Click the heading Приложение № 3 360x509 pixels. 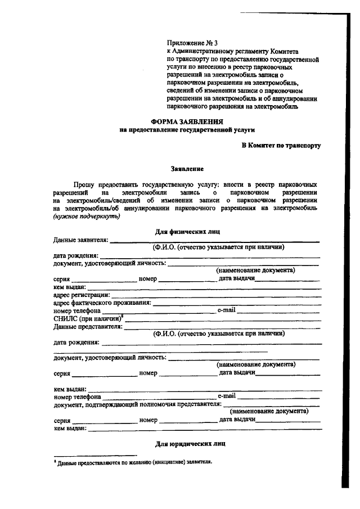(x=192, y=42)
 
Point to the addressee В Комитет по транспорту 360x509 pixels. (x=281, y=146)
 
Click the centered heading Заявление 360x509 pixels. (x=187, y=168)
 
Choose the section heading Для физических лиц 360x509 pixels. (x=187, y=231)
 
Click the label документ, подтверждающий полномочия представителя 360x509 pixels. (x=138, y=404)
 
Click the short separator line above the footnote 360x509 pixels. (x=95, y=455)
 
